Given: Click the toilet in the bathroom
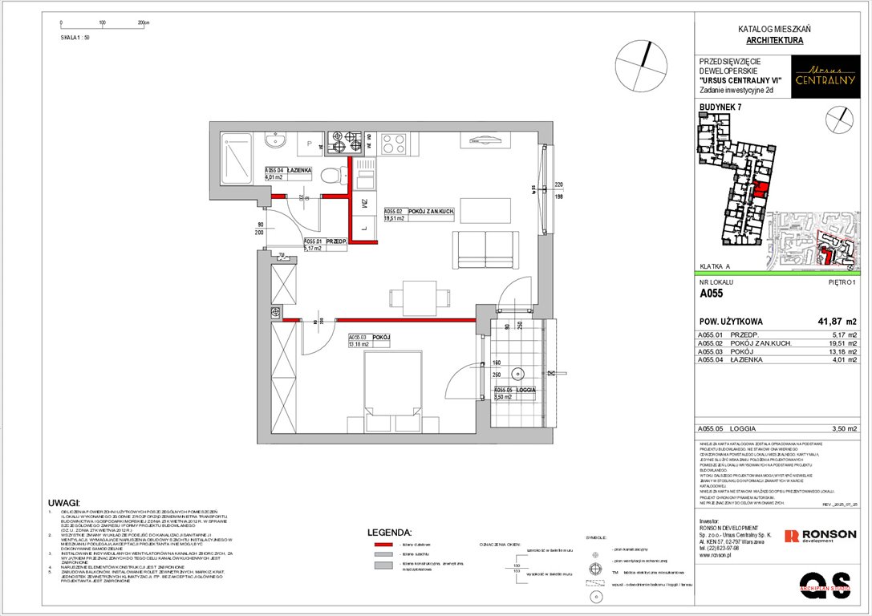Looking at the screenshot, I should (328, 176).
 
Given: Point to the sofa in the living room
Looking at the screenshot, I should (483, 250).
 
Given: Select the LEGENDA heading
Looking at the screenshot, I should (389, 532).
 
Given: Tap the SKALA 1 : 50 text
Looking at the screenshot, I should (75, 37).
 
